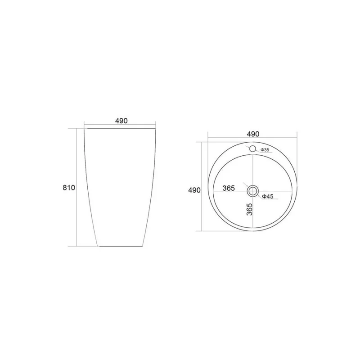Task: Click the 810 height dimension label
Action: pyautogui.click(x=69, y=188)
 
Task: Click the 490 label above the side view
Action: pyautogui.click(x=121, y=121)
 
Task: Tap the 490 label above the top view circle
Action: pyautogui.click(x=253, y=134)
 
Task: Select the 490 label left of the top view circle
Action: pyautogui.click(x=194, y=190)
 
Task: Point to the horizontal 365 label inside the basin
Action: pyautogui.click(x=229, y=188)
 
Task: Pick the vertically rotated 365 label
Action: pyautogui.click(x=249, y=209)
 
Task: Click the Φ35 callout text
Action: pyautogui.click(x=265, y=150)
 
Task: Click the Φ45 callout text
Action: pyautogui.click(x=267, y=196)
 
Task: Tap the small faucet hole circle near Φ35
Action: pyautogui.click(x=252, y=148)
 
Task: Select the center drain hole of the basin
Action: pyautogui.click(x=252, y=191)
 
